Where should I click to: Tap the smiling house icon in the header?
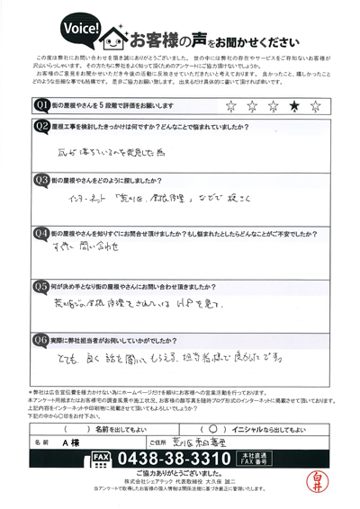[117, 40]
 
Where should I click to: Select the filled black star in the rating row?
[293, 106]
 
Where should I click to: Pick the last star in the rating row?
[314, 106]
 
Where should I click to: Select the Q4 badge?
[40, 231]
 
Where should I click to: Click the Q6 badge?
[40, 339]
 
